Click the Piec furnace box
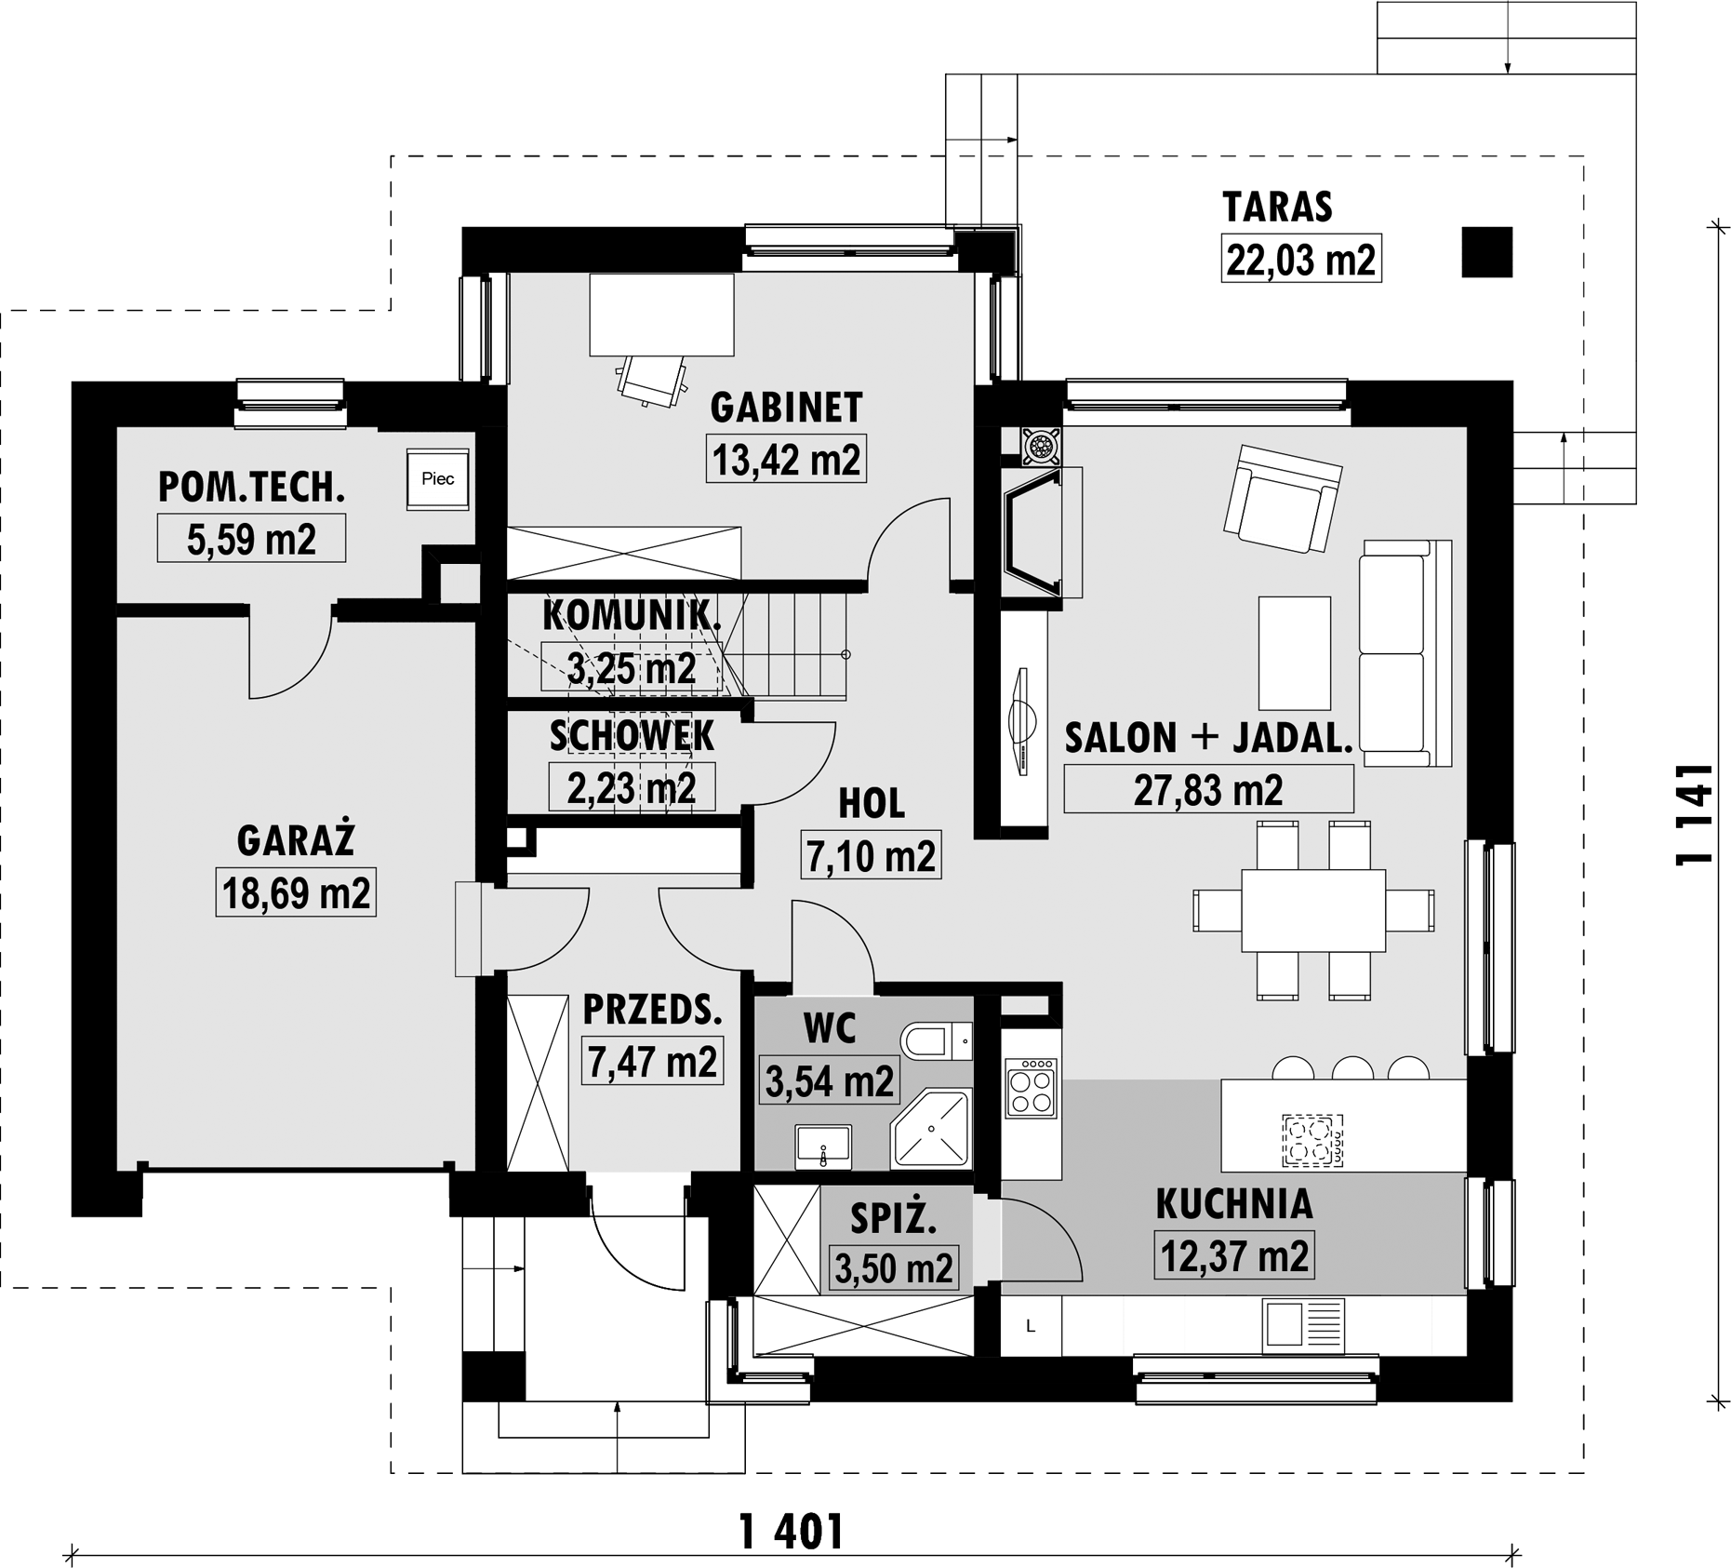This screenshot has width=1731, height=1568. [437, 479]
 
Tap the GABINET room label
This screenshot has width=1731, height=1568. [786, 408]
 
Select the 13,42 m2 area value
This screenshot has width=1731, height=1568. [786, 459]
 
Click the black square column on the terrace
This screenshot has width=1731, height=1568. [1486, 252]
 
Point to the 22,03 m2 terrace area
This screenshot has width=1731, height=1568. [1300, 259]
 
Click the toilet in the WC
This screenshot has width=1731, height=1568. [936, 1041]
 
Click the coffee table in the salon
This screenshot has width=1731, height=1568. [1294, 653]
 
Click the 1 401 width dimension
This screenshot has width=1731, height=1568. [792, 1532]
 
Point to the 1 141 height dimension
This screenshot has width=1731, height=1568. [1693, 815]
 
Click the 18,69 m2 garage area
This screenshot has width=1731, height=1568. [296, 893]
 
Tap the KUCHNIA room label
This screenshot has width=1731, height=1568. [1234, 1203]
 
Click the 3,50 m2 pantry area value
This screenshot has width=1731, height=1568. [893, 1268]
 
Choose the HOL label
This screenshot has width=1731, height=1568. [871, 804]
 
